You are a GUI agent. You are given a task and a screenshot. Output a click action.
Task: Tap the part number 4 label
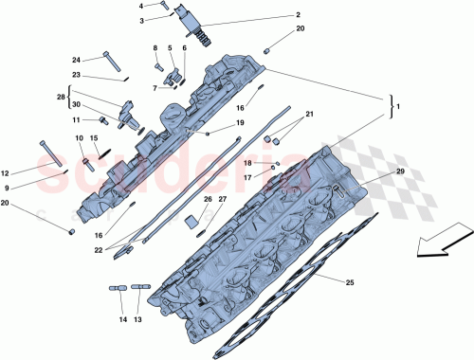click(x=143, y=6)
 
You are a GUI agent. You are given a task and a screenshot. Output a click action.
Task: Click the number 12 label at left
click(x=6, y=173)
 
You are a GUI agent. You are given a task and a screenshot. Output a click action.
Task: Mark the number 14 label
click(x=121, y=320)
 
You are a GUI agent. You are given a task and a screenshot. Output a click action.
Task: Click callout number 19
click(x=241, y=123)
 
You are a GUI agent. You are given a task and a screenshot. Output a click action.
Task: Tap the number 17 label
click(x=246, y=177)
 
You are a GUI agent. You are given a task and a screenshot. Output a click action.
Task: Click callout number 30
click(x=77, y=105)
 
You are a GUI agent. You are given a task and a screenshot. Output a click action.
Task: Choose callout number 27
click(x=223, y=199)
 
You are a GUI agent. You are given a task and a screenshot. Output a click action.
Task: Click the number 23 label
click(x=77, y=75)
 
